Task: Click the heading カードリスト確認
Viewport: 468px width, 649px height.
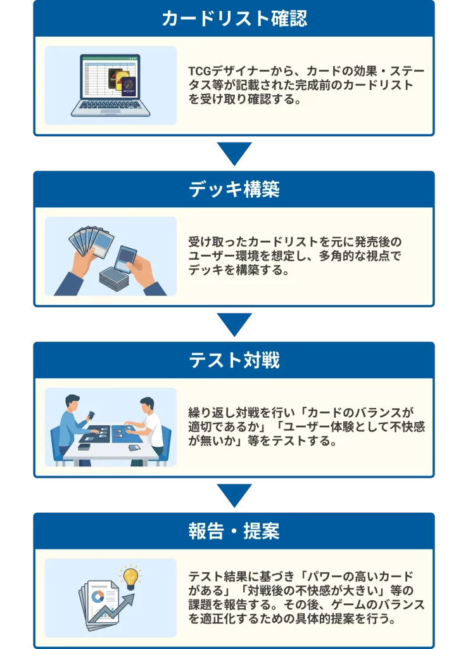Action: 234,18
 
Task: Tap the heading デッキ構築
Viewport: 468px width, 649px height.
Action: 234,189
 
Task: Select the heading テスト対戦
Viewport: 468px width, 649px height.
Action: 234,360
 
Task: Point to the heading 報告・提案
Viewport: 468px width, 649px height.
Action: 234,531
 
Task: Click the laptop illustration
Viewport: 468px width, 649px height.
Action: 110,86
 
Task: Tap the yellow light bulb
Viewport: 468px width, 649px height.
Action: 130,576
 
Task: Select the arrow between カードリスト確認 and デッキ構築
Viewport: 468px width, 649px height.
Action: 234,153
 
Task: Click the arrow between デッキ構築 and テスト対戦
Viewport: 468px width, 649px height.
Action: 234,324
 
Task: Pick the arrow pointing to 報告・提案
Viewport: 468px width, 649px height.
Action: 234,496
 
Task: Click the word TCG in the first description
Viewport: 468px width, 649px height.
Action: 199,72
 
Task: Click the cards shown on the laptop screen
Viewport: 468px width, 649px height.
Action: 123,82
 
